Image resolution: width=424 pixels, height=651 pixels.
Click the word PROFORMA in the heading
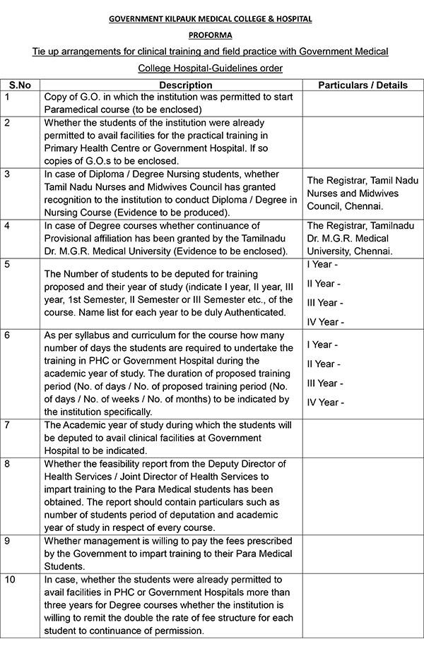click(212, 34)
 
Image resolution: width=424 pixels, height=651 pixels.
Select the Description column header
click(171, 85)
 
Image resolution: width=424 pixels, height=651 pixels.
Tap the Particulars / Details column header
click(363, 85)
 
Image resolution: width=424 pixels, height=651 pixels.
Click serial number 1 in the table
click(7, 96)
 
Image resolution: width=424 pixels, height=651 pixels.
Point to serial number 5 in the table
click(7, 265)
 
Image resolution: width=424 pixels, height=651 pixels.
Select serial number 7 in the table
click(7, 425)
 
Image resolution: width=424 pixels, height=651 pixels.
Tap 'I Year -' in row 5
click(323, 265)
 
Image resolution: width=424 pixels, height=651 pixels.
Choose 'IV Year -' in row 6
click(325, 402)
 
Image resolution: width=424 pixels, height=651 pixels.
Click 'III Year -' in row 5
click(324, 303)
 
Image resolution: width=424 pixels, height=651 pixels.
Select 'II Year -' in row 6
click(324, 364)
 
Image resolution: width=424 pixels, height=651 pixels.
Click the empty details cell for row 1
click(363, 103)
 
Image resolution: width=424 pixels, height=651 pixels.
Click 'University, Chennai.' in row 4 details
click(351, 251)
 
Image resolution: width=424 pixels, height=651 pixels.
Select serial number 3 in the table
click(7, 174)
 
